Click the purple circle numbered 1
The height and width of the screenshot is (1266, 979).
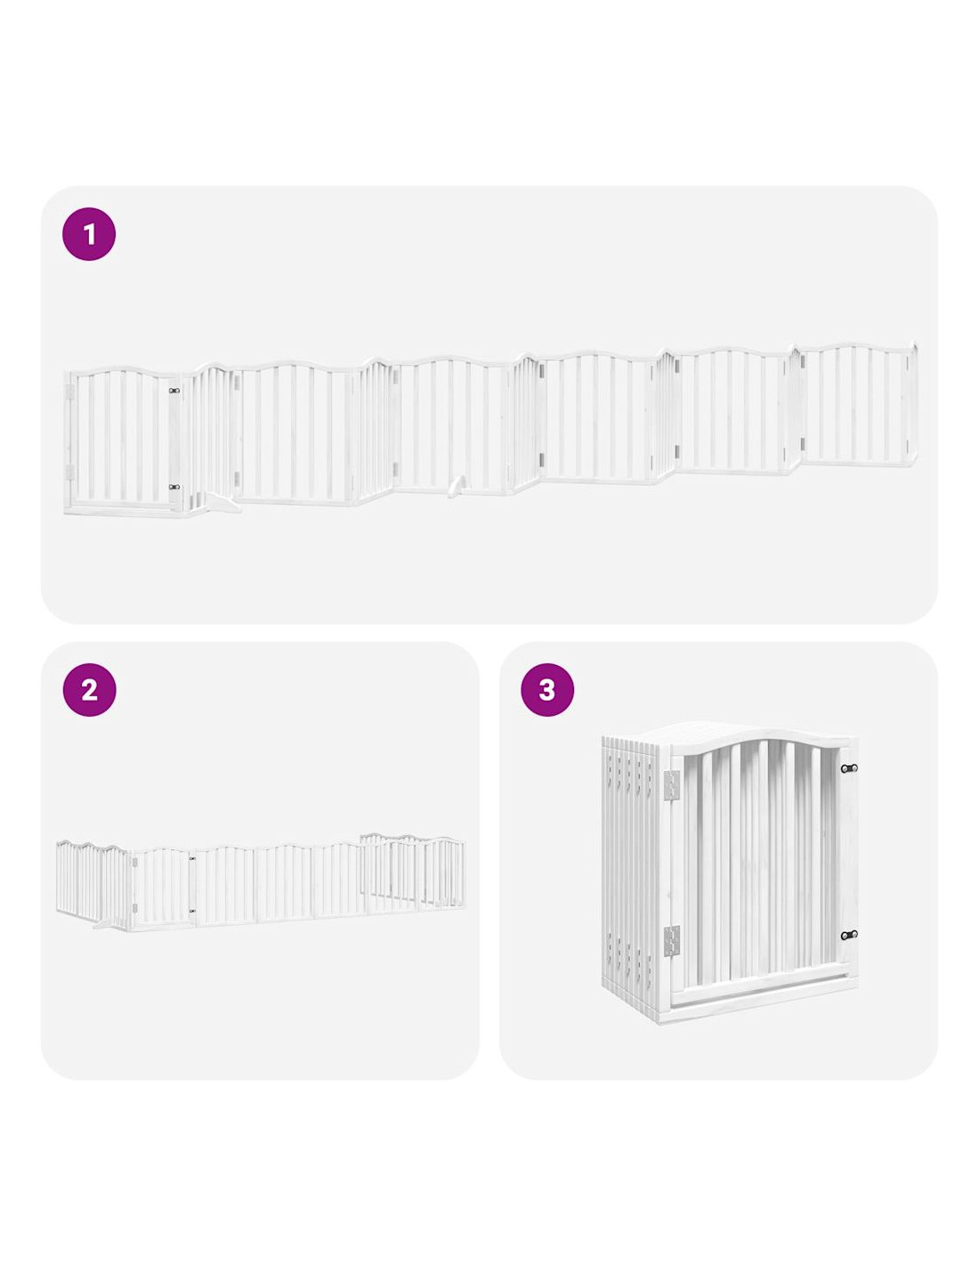point(89,234)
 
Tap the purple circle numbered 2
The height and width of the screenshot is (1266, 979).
point(89,690)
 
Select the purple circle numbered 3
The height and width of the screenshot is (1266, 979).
point(546,690)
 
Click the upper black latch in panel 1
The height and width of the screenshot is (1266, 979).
point(174,391)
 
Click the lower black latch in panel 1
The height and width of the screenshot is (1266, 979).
point(174,486)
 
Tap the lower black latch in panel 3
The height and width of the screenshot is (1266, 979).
point(848,935)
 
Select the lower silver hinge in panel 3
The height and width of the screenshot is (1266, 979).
point(671,941)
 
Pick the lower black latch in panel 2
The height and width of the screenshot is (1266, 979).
point(192,911)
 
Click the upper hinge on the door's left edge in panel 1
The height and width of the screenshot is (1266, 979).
point(70,392)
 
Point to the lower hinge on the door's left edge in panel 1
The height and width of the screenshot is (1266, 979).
point(70,472)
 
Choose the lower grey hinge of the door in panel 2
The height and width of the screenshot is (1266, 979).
point(134,908)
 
